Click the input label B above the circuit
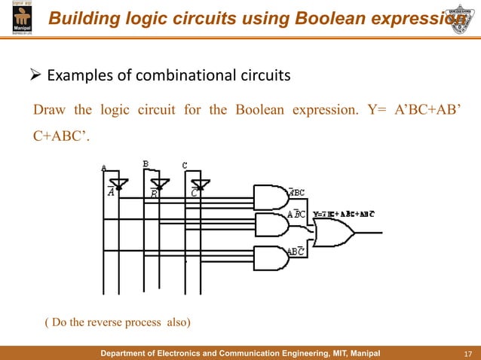[146, 163]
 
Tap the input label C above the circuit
[185, 164]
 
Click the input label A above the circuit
[104, 168]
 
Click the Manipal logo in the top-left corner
[17, 17]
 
